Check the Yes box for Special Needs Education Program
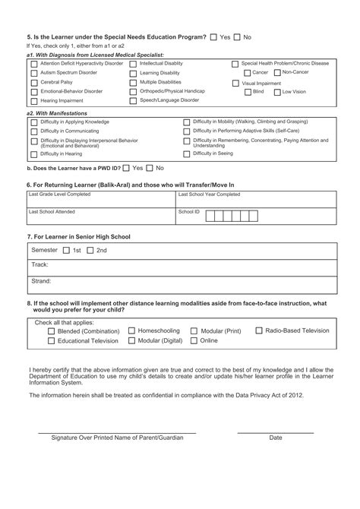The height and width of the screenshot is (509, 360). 213,36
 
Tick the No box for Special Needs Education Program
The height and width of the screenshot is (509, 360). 238,36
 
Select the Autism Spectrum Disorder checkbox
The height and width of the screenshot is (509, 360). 33,73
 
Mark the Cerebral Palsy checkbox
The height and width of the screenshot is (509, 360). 33,82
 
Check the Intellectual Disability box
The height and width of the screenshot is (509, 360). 134,65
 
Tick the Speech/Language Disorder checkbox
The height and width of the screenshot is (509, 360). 134,100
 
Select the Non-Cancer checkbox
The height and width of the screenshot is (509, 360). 277,73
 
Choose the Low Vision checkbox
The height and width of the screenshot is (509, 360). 277,92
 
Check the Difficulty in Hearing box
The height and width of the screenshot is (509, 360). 33,154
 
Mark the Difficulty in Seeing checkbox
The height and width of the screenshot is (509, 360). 188,154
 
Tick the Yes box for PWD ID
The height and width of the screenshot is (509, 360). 126,168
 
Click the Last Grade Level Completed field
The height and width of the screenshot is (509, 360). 99,200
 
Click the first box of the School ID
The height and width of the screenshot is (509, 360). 210,217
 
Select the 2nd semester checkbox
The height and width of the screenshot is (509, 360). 90,250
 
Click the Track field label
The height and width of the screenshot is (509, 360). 39,265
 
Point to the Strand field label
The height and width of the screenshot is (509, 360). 41,281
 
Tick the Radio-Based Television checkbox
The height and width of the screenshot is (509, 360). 259,331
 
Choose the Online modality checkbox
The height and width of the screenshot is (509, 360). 194,342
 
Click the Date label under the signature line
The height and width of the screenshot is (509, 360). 275,438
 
